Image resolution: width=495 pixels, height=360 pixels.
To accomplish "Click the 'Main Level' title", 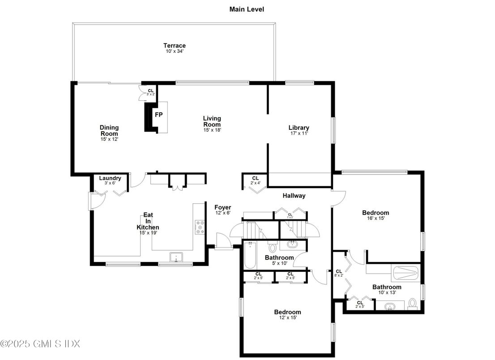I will click(247, 9).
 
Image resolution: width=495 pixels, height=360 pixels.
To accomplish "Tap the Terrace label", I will click(174, 46).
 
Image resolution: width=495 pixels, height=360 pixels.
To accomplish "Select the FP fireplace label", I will click(158, 115).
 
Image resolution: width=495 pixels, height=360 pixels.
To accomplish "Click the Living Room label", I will click(212, 121).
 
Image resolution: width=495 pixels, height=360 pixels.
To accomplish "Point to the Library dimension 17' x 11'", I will click(299, 133).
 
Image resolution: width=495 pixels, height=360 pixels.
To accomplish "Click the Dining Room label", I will click(109, 130).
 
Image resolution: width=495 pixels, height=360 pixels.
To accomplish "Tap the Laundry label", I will click(110, 178).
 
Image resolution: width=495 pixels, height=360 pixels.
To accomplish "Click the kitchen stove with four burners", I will click(200, 227).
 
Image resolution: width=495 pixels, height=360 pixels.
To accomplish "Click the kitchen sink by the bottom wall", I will click(176, 257).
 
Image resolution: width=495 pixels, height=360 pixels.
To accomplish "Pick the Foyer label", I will click(222, 207).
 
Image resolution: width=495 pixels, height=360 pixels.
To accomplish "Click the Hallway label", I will click(294, 196).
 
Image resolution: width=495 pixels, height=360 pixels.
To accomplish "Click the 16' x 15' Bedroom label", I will click(376, 213).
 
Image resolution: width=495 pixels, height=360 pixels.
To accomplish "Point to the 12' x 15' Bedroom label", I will click(287, 312).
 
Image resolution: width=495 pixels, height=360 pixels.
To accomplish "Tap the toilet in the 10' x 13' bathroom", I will click(413, 304).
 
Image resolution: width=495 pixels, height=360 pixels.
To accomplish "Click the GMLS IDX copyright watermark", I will click(40, 344).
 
